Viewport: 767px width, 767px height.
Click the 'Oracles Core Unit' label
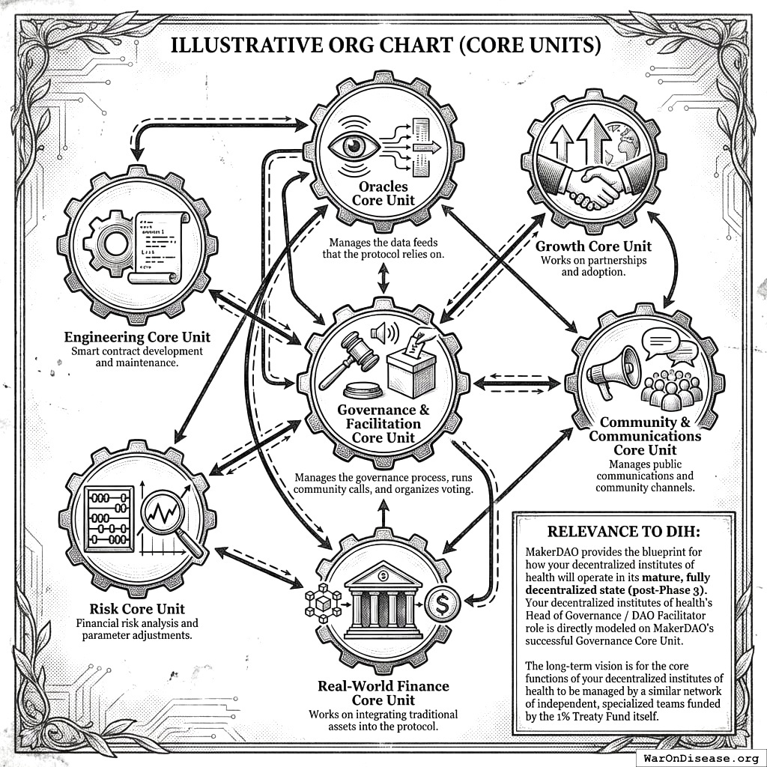(x=383, y=192)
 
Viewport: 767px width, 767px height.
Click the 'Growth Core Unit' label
(x=593, y=246)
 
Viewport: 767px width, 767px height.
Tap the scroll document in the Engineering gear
(x=159, y=246)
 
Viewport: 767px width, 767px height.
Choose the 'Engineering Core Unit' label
(x=137, y=336)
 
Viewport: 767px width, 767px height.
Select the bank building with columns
(x=383, y=598)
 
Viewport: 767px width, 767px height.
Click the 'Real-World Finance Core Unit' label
(x=383, y=693)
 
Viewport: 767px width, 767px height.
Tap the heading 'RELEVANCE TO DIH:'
(x=623, y=532)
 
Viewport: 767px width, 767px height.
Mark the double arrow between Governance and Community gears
(x=518, y=382)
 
